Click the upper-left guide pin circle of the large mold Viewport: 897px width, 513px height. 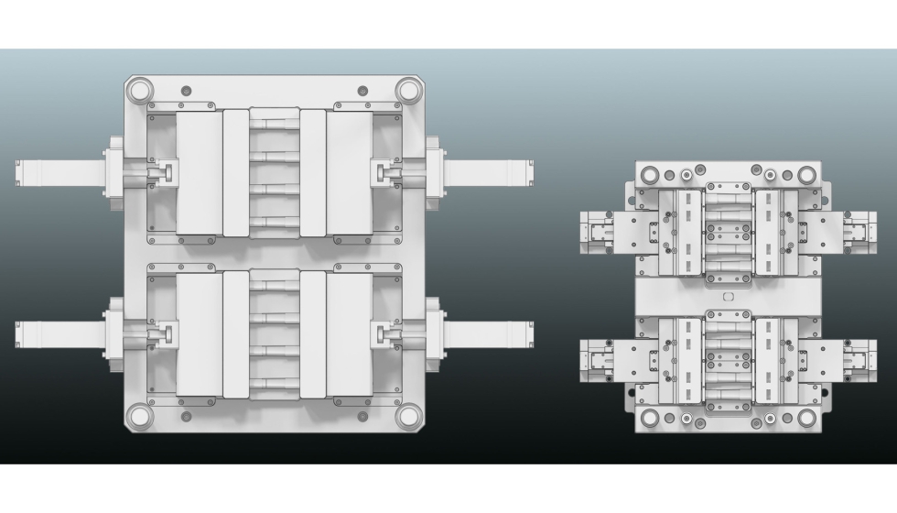(x=139, y=91)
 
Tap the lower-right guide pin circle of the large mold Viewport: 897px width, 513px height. (x=408, y=416)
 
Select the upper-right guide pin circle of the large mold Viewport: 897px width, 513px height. (x=408, y=91)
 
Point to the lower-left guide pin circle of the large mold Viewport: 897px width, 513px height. (x=139, y=416)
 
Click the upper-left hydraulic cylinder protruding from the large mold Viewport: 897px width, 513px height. (x=60, y=172)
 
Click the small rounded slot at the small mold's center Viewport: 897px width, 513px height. (x=729, y=297)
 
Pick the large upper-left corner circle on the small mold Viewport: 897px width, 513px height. (x=651, y=173)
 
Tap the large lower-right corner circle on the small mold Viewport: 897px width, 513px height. (x=806, y=418)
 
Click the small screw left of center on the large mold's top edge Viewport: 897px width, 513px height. (x=187, y=90)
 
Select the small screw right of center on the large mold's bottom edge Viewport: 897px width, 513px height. (x=362, y=417)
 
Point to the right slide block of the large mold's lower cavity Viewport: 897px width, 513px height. (x=350, y=334)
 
